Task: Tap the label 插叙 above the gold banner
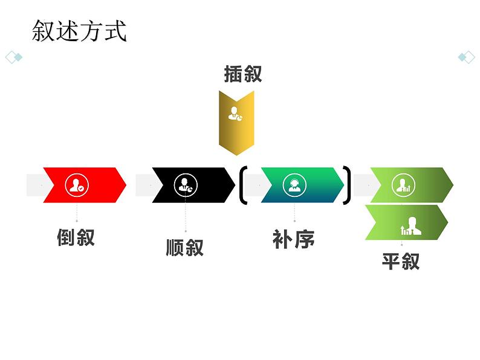[x=242, y=74]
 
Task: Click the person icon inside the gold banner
[x=235, y=113]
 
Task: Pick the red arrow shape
[x=85, y=185]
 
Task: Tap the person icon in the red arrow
[x=76, y=185]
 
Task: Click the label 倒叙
[x=76, y=237]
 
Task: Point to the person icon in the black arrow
[x=185, y=185]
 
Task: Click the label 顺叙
[x=185, y=248]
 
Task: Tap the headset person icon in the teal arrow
[x=294, y=185]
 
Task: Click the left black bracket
[x=243, y=185]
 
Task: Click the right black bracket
[x=347, y=185]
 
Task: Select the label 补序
[x=294, y=240]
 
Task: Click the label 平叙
[x=400, y=262]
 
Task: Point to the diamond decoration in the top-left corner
[x=13, y=57]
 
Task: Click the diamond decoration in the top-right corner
[x=466, y=57]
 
